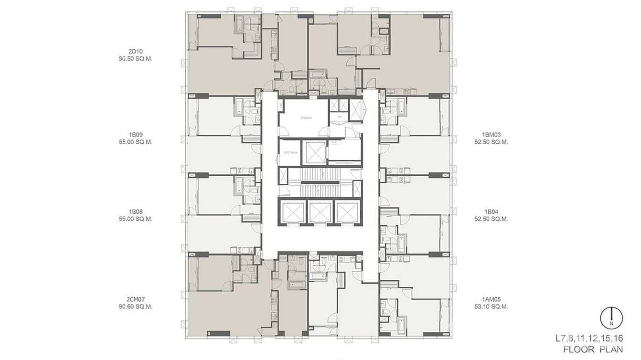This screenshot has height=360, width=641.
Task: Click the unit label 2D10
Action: coord(136,51)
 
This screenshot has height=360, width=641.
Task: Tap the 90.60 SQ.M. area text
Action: coord(136,307)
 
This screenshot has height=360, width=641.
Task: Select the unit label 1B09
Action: coord(136,135)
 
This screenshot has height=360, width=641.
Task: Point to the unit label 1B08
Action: coord(136,212)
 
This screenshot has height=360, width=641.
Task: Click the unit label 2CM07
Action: coord(136,299)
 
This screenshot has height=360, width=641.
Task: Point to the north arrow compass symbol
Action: coord(611,318)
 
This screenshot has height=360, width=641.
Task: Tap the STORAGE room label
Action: coord(306,117)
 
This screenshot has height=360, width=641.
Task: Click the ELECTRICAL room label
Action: coord(291,153)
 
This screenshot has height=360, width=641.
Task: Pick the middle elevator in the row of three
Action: coord(320,212)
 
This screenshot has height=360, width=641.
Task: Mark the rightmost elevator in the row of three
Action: coord(347,212)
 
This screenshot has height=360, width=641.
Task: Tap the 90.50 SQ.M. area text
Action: coord(136,59)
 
